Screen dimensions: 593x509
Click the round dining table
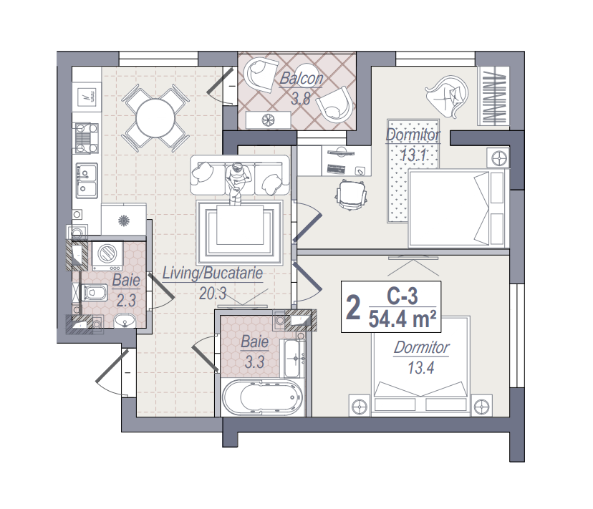155,117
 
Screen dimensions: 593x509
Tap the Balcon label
301,79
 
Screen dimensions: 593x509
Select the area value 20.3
213,293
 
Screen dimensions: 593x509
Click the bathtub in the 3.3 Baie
262,397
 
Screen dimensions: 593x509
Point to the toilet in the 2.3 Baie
95,292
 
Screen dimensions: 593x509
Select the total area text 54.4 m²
402,319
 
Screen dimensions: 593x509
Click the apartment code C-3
402,296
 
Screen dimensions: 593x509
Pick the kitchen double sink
86,180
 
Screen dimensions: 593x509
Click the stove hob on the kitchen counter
87,138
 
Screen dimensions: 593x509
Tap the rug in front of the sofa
240,232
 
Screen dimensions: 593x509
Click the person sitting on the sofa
238,183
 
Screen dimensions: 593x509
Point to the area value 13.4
420,367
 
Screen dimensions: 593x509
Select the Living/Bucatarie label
213,273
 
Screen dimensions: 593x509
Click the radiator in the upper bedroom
493,95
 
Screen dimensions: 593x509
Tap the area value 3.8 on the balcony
301,98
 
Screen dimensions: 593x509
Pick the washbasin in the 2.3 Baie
125,321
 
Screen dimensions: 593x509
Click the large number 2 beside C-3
353,308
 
